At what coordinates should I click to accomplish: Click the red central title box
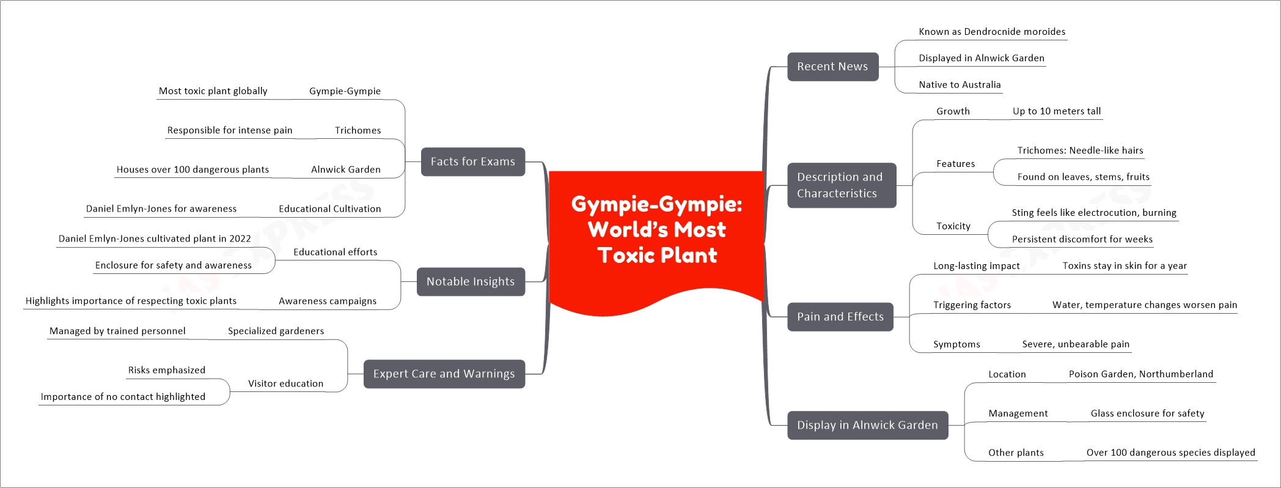click(x=656, y=235)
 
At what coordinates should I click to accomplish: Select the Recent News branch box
click(x=832, y=67)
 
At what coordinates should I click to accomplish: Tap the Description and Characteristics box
click(x=842, y=185)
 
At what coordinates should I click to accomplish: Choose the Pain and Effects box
click(x=840, y=317)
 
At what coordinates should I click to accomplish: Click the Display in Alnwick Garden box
click(x=867, y=425)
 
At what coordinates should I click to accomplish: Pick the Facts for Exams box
click(x=473, y=161)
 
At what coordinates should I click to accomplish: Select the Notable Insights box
click(x=471, y=281)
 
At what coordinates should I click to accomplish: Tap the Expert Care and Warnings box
click(x=444, y=374)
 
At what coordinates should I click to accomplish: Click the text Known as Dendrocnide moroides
click(x=992, y=32)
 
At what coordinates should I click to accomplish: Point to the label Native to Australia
click(x=960, y=85)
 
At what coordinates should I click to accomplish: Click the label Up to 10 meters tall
click(x=1057, y=111)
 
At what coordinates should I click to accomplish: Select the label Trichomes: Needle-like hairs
click(x=1080, y=150)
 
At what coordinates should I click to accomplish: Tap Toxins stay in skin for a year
click(x=1125, y=266)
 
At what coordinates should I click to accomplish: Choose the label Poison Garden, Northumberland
click(x=1141, y=374)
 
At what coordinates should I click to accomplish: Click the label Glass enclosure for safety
click(x=1147, y=413)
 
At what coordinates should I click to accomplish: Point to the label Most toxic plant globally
click(x=213, y=91)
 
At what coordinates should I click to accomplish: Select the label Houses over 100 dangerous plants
click(x=193, y=169)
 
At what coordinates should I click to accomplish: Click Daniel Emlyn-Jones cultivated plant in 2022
click(x=155, y=238)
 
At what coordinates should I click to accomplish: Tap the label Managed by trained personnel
click(x=117, y=331)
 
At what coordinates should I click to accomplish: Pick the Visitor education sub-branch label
click(x=285, y=383)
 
